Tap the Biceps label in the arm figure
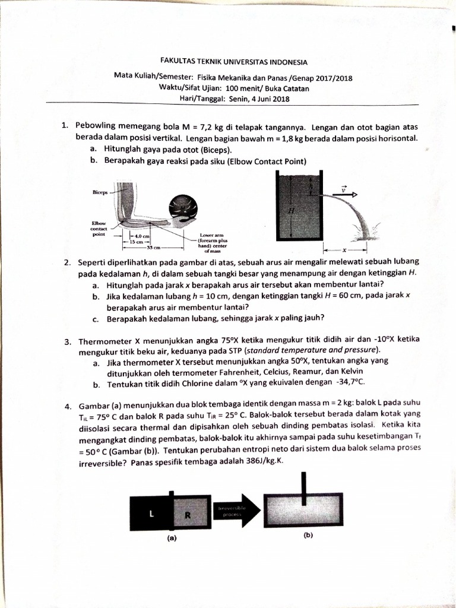[100, 192]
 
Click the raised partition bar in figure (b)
[305, 484]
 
